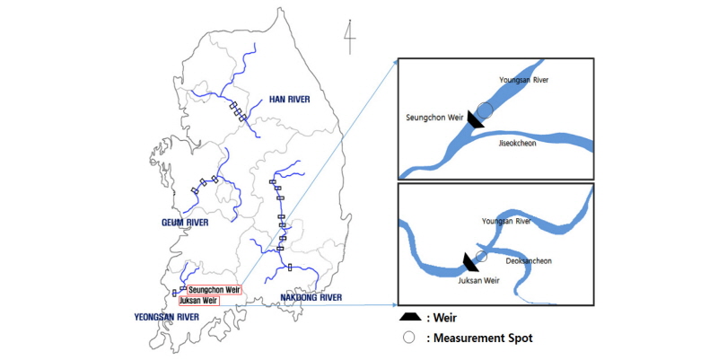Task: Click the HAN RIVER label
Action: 289,100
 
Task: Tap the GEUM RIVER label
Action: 188,222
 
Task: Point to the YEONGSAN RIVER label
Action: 168,316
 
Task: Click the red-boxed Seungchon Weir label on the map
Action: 214,289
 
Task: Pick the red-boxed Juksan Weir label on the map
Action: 199,301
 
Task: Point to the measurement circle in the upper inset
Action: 486,110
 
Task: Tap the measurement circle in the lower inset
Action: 481,257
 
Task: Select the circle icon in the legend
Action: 409,338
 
